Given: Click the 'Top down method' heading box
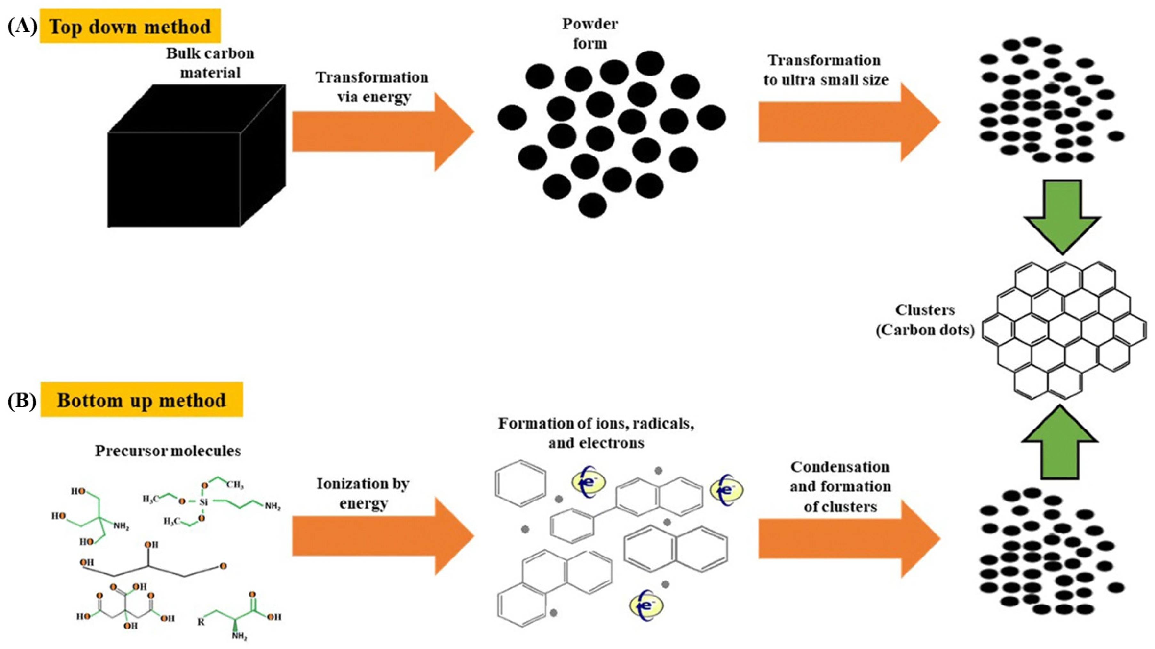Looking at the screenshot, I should click(x=130, y=26).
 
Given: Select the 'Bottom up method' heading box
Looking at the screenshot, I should click(x=142, y=400).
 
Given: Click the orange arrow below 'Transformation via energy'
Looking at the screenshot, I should click(x=381, y=132).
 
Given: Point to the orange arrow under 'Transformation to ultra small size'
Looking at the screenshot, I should click(x=847, y=122).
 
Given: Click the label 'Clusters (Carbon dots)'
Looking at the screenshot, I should click(x=925, y=320).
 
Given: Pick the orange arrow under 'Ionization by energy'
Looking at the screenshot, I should click(x=381, y=536).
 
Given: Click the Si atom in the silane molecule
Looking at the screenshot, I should click(x=203, y=502).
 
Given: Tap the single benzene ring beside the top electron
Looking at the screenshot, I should click(x=520, y=483).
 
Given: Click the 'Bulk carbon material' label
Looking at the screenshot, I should click(x=210, y=63).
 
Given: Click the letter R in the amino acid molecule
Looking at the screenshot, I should click(x=201, y=622).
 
